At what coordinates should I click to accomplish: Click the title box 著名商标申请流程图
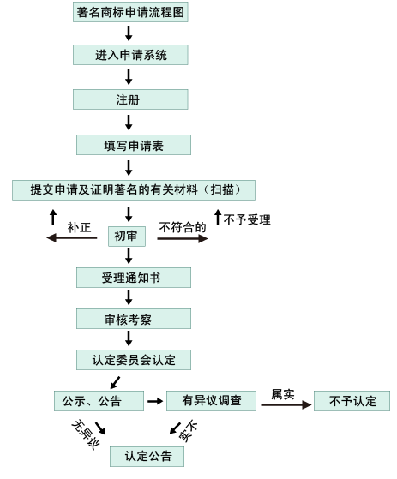130,12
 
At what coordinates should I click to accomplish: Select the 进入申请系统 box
130,55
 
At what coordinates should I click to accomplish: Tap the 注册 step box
130,99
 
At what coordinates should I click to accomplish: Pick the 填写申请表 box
134,145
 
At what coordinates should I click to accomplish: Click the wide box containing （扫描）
134,190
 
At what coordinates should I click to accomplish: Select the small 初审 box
127,237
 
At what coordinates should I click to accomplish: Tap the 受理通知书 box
134,278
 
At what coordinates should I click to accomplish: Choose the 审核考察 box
134,319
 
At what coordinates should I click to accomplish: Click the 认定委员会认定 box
134,360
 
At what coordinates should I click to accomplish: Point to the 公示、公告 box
99,401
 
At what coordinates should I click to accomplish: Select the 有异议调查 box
211,401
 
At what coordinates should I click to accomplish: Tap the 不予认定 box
352,401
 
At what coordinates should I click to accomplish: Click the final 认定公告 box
147,457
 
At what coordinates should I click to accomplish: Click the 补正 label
79,227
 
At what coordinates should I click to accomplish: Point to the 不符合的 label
183,227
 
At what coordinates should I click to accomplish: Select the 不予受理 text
247,219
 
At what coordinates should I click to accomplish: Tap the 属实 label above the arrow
283,394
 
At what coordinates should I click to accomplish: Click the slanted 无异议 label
86,434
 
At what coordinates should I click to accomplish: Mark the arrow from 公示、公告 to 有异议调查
155,401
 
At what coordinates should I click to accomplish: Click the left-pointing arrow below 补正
71,237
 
